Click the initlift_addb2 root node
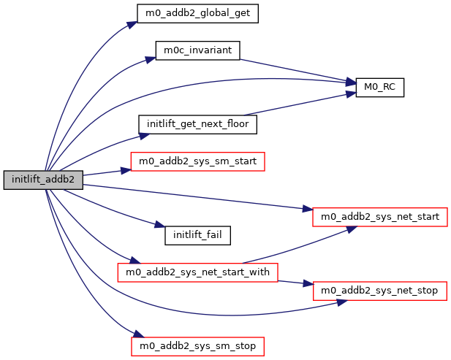pyautogui.click(x=42, y=180)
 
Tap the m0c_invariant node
pyautogui.click(x=198, y=50)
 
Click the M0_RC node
pyautogui.click(x=379, y=87)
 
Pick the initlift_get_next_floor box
pyautogui.click(x=197, y=124)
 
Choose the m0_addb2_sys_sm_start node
pyautogui.click(x=197, y=161)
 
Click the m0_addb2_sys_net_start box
pyautogui.click(x=379, y=217)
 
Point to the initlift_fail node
pyautogui.click(x=197, y=235)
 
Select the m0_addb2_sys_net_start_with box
pyautogui.click(x=198, y=272)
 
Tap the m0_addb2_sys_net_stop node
pyautogui.click(x=379, y=291)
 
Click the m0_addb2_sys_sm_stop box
pyautogui.click(x=197, y=345)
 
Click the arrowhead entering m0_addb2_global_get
pyautogui.click(x=132, y=23)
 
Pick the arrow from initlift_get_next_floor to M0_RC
pyautogui.click(x=300, y=104)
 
